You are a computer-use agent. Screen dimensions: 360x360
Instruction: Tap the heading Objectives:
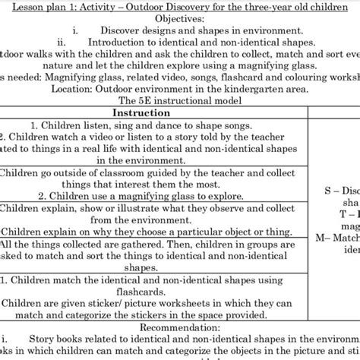click(179, 18)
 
